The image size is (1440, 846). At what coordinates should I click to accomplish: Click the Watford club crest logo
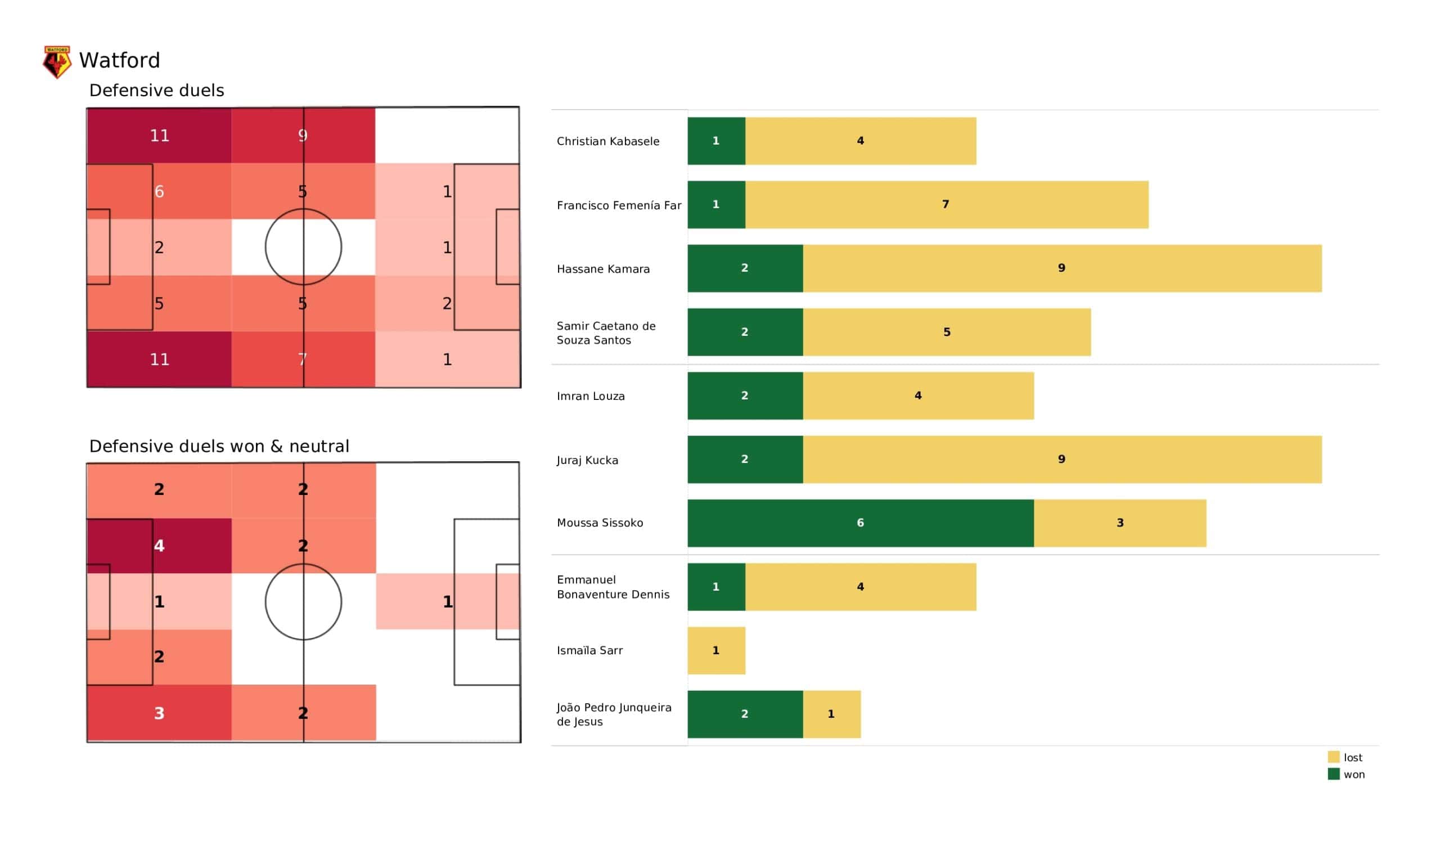57,62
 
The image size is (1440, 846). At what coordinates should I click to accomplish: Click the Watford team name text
119,61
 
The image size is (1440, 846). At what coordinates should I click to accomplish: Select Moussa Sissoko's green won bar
860,523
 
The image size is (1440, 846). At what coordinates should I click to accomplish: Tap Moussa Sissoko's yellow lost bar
1119,523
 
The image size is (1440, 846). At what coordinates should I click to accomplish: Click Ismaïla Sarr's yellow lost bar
716,650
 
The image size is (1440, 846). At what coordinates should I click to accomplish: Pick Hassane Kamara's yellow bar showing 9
1061,269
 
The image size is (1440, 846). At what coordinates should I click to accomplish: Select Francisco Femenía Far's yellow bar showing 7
946,205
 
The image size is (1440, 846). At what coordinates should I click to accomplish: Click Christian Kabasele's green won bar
716,141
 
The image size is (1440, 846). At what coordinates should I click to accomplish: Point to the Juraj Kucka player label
587,460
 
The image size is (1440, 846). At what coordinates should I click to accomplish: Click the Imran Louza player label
591,396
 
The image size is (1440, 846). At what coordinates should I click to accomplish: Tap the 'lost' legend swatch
1334,757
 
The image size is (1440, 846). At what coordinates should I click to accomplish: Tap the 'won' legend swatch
1334,775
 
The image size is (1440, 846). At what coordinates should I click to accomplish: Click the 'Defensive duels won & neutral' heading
219,447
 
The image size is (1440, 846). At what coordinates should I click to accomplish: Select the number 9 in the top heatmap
303,136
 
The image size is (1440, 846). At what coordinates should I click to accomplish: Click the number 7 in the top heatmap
303,359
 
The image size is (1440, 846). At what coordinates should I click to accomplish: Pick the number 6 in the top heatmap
159,191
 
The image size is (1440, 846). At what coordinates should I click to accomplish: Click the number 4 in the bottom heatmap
159,546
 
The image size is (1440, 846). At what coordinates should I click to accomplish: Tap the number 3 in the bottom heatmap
159,713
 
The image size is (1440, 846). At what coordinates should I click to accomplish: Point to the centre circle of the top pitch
303,247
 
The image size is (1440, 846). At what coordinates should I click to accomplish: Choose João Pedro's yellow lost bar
831,714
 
